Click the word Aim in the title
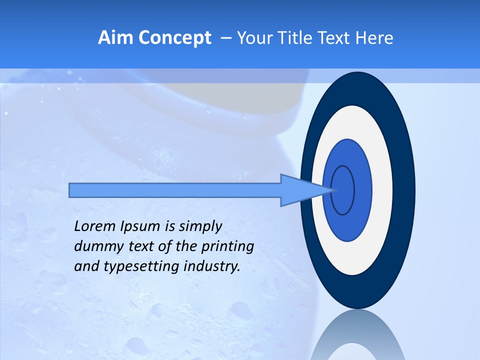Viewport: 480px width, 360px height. tap(116, 38)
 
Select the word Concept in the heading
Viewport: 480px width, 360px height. tap(175, 38)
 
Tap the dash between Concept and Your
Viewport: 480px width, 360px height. tap(225, 38)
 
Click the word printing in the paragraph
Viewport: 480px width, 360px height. tap(227, 247)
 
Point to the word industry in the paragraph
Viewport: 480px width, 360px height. tap(212, 267)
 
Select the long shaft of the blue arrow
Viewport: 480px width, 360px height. tap(175, 190)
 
